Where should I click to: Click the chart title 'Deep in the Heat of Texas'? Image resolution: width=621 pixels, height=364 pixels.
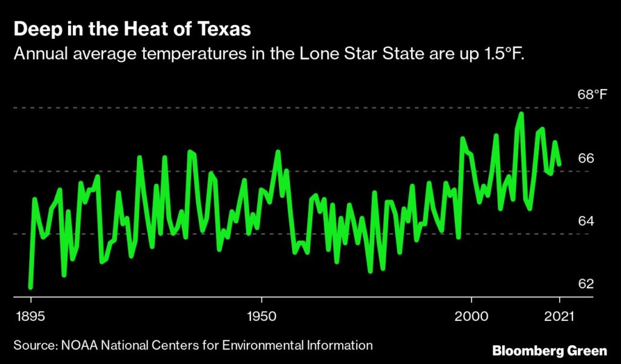[132, 29]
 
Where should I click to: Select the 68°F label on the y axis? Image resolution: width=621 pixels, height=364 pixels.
[592, 95]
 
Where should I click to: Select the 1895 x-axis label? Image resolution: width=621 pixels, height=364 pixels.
[30, 317]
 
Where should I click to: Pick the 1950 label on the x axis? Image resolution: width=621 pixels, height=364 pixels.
[261, 317]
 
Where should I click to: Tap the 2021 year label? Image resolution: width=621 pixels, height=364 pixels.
[559, 317]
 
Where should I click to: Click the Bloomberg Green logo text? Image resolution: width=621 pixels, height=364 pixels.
[549, 351]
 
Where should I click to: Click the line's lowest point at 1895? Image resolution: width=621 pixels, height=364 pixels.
[30, 287]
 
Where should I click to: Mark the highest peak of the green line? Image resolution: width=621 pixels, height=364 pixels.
[521, 113]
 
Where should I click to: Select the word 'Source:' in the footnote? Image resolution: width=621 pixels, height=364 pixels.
[35, 346]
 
